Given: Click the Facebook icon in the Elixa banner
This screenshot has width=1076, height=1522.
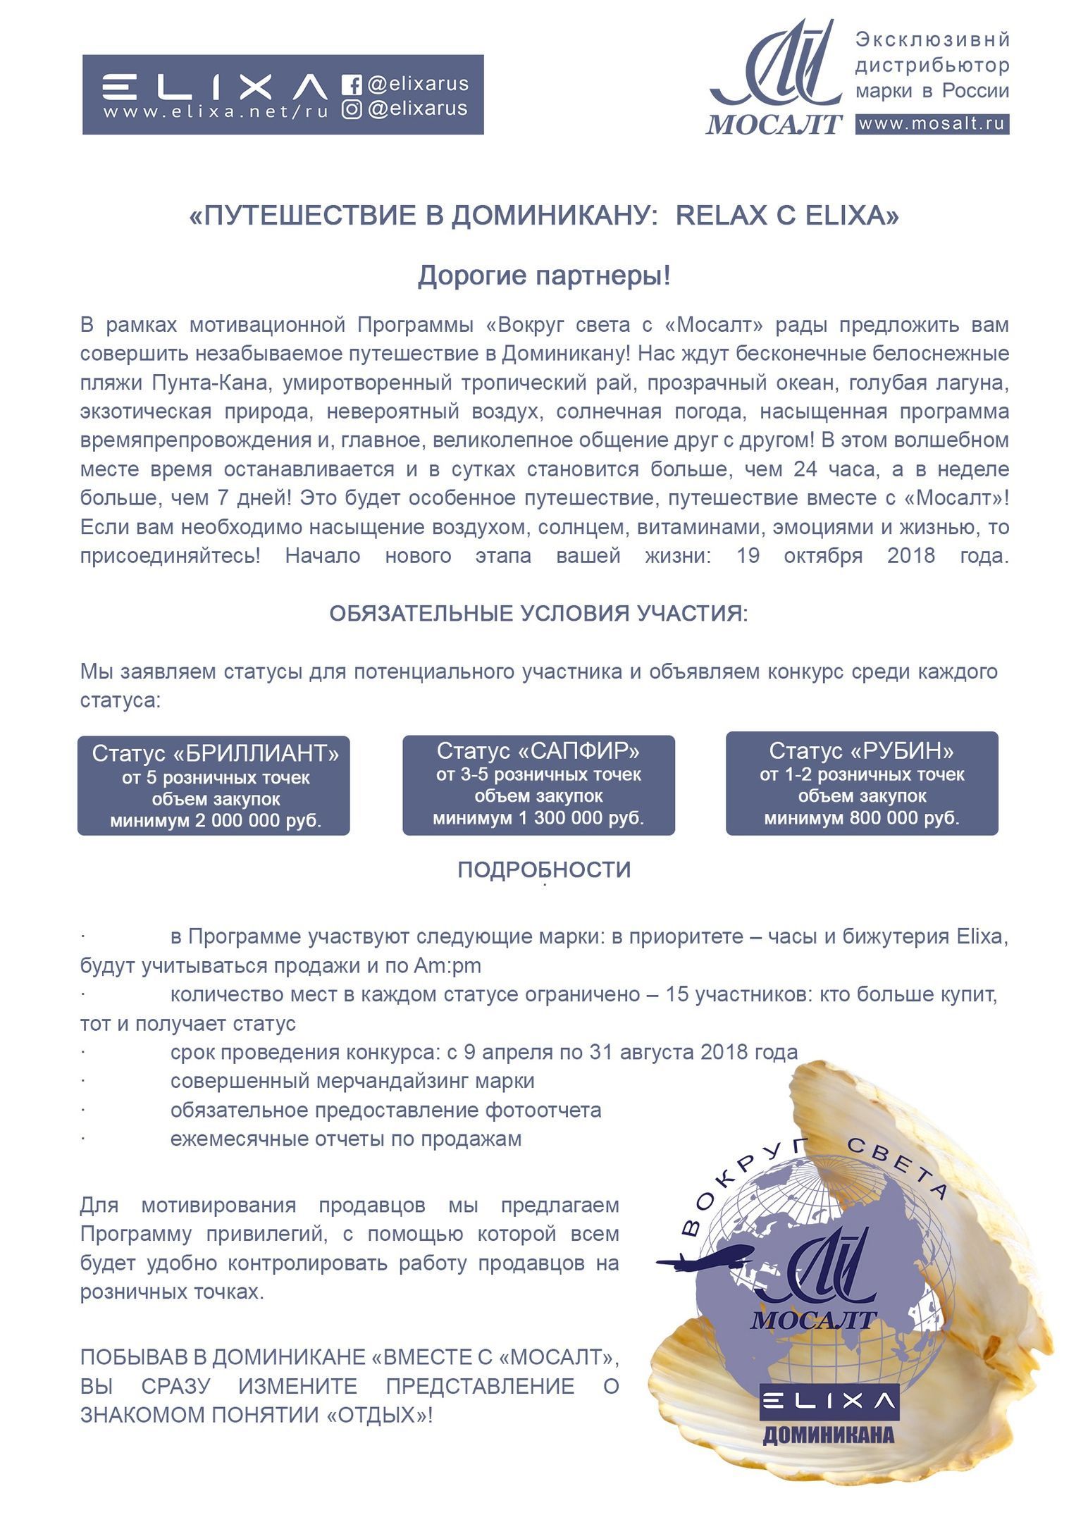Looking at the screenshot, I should tap(352, 85).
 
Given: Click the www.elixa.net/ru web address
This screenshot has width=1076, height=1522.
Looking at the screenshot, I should tap(216, 112).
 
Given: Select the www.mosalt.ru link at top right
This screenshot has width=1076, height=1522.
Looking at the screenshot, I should tap(932, 124).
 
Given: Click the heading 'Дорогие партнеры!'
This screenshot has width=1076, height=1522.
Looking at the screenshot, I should tap(544, 276).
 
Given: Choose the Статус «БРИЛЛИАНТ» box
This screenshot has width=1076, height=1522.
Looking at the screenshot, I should tap(214, 785).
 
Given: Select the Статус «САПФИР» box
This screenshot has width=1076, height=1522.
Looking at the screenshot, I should tap(538, 784).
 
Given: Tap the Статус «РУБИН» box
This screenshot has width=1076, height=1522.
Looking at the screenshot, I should tap(862, 783).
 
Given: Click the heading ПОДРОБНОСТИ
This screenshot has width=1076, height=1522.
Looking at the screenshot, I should tap(544, 870).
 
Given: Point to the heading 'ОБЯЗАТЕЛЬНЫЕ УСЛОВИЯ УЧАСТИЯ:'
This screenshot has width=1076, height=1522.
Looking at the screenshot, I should tap(538, 613).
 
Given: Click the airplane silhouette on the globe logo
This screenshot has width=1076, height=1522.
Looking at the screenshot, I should tap(705, 1260).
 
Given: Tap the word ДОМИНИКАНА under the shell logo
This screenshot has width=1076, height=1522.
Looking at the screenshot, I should tap(828, 1434).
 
